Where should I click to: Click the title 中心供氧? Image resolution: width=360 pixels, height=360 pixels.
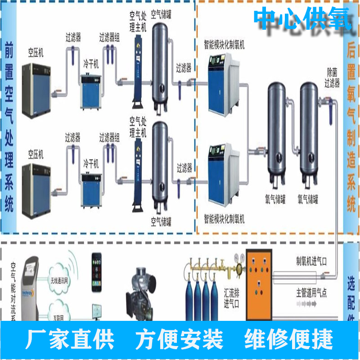(x=302, y=18)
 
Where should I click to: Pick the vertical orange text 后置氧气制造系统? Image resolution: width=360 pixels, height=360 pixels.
(x=351, y=128)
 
